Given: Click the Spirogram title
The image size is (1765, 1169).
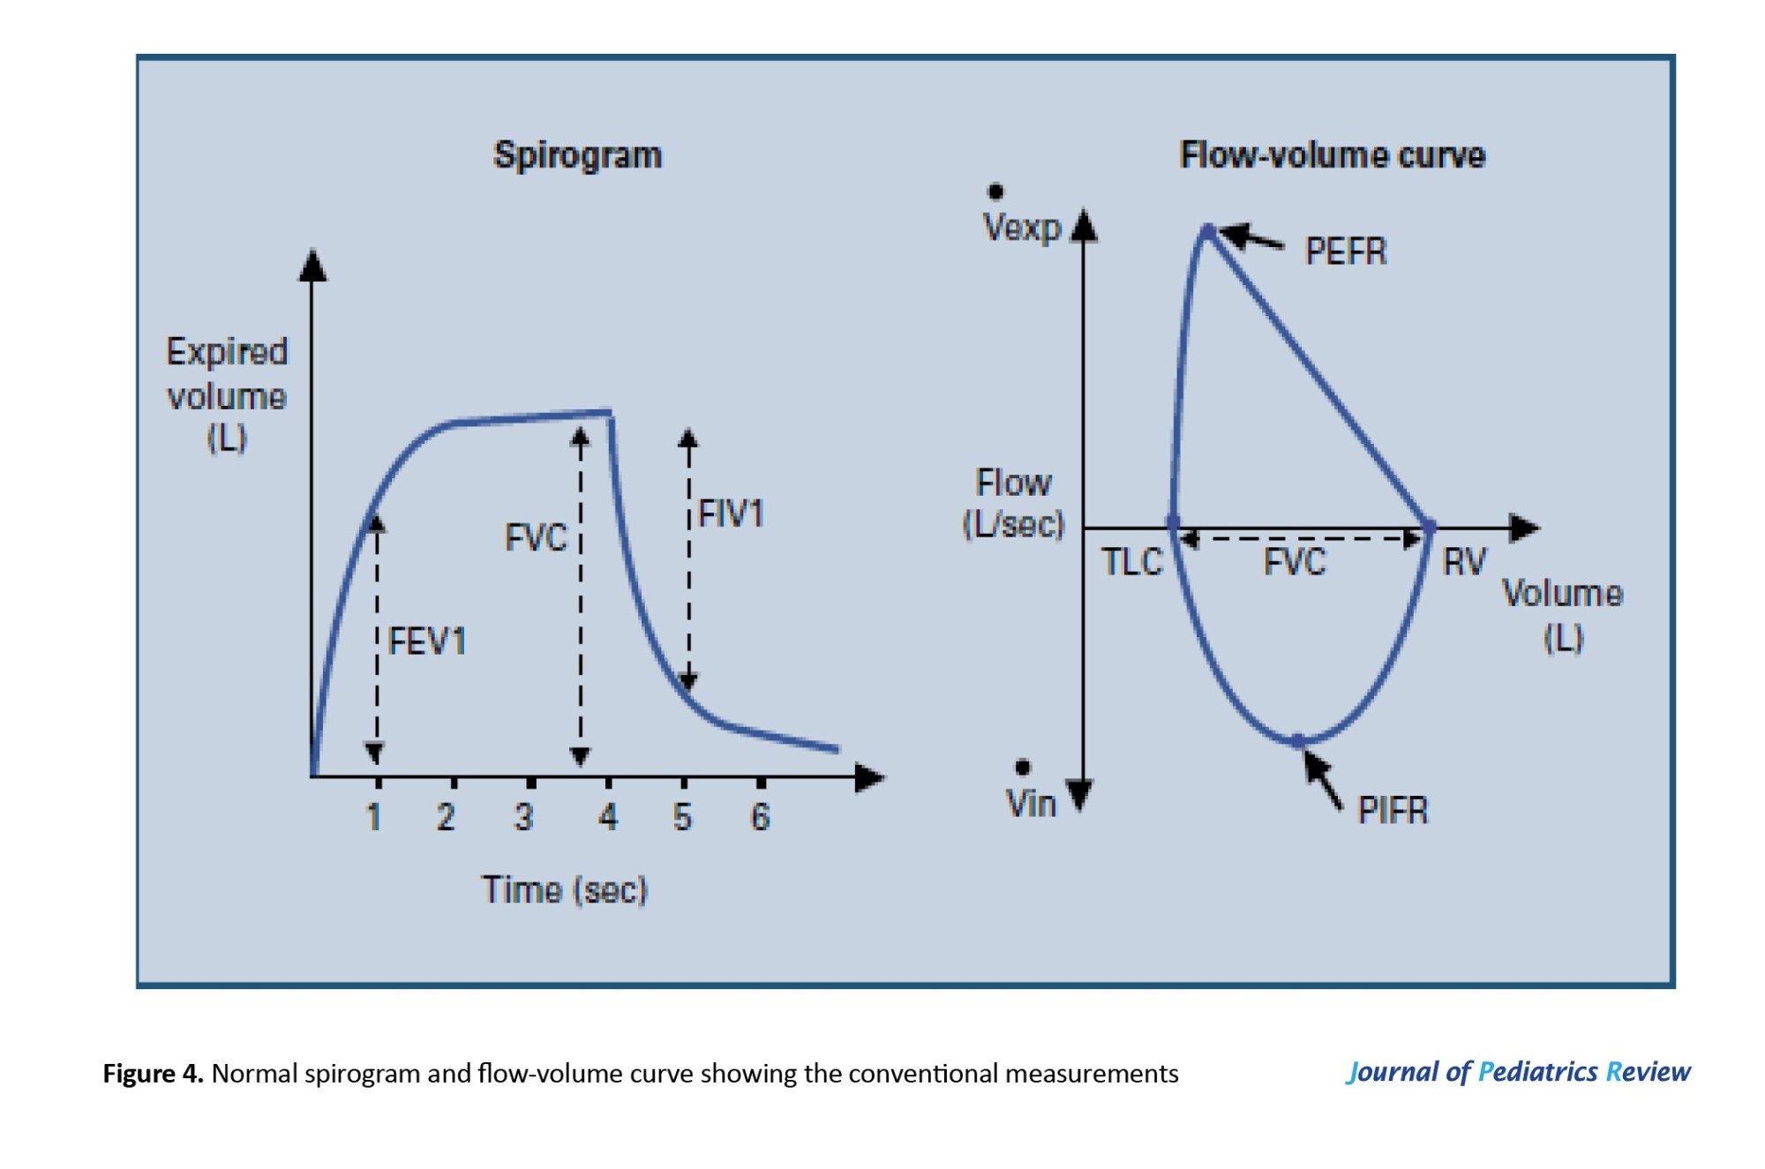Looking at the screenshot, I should [577, 155].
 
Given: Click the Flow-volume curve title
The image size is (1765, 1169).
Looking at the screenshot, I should [1333, 155].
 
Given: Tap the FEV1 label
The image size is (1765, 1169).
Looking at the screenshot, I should [427, 641].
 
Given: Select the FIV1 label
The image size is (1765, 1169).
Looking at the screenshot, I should [731, 513].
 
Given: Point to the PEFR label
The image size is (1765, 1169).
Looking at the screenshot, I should [1346, 251].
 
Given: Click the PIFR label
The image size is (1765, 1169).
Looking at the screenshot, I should [1393, 810].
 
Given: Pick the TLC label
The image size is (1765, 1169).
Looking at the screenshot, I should [1132, 562].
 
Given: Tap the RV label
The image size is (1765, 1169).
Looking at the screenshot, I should [1464, 562].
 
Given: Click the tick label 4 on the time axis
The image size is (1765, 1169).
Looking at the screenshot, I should [608, 817].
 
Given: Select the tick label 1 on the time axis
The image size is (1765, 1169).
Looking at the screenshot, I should [374, 817].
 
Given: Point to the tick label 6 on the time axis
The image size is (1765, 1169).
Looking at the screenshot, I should [760, 817].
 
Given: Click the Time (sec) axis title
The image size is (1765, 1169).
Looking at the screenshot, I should [565, 889].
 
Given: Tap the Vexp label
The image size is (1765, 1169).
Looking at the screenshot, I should [1022, 228].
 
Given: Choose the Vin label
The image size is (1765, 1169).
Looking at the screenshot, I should [1031, 804].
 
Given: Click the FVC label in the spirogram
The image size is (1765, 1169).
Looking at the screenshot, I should [536, 537].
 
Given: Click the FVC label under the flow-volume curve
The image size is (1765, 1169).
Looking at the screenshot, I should [1295, 562].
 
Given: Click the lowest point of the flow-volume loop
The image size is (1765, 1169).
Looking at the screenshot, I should [1299, 741].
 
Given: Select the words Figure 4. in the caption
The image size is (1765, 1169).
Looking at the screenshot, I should [153, 1074].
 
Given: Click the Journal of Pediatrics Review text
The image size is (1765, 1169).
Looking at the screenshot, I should [1518, 1072].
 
